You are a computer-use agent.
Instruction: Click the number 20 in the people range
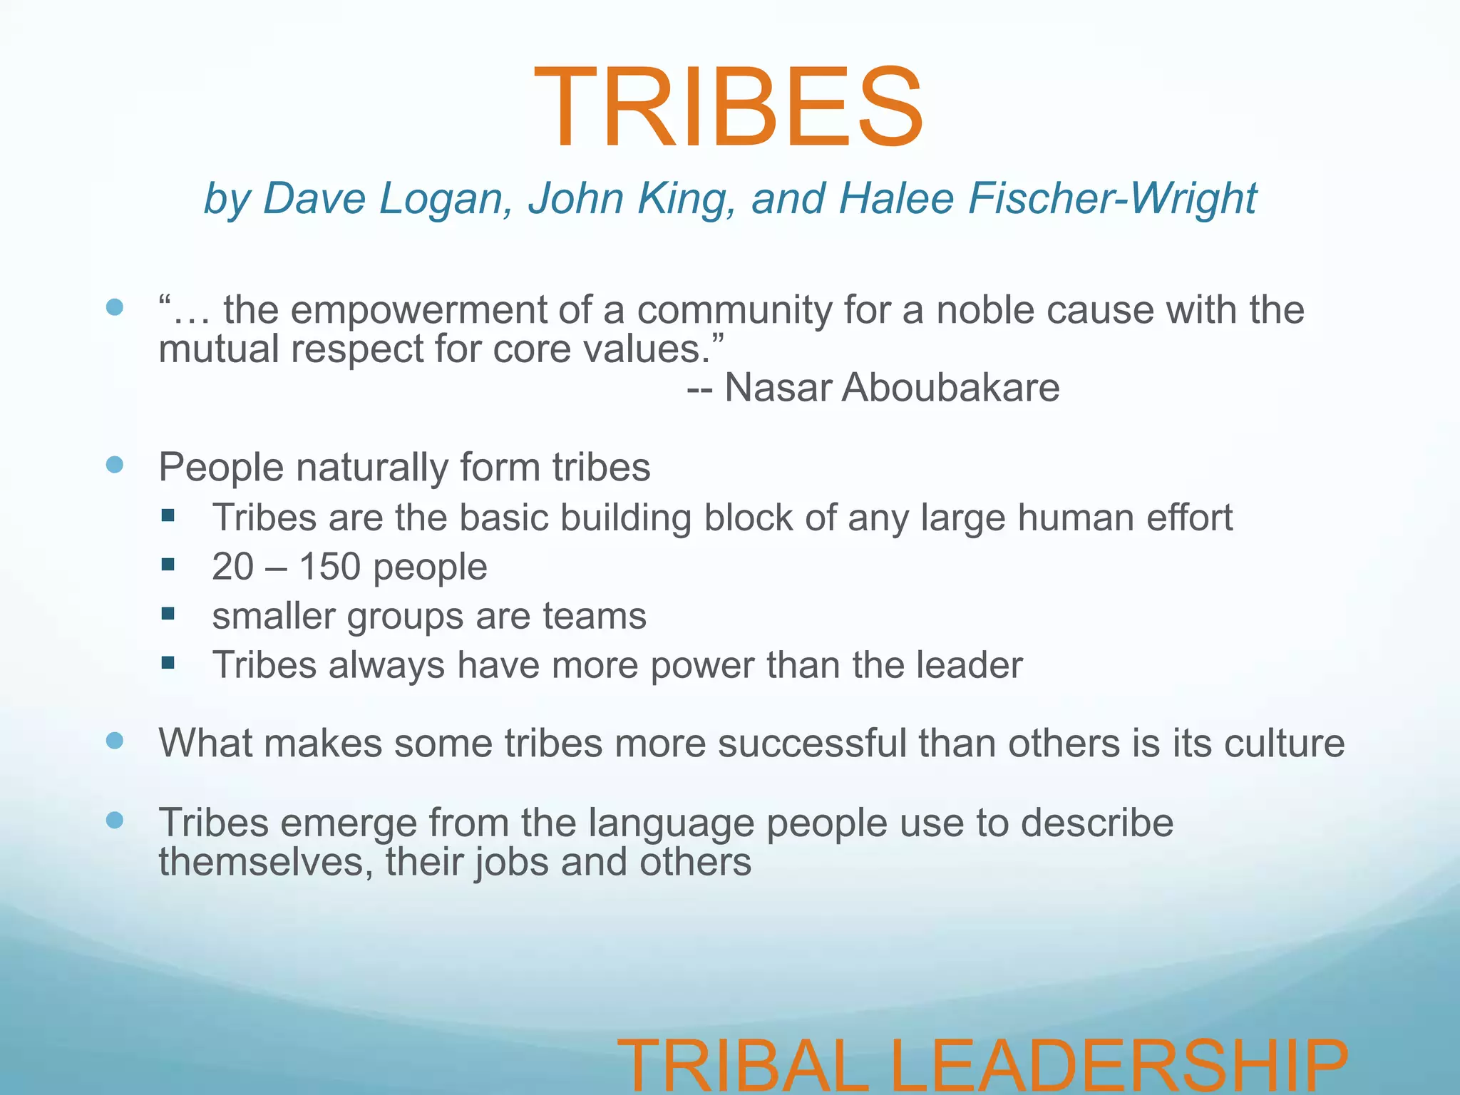tap(233, 567)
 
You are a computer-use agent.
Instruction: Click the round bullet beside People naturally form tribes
tap(114, 466)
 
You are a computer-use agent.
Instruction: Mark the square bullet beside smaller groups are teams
tap(168, 614)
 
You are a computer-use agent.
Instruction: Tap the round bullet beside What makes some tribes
tap(114, 741)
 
